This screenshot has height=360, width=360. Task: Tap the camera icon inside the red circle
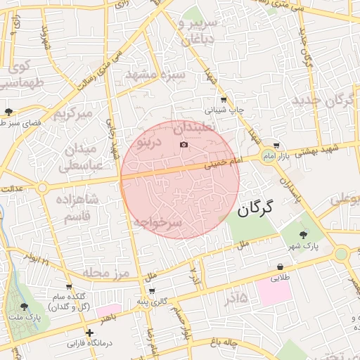point(184,145)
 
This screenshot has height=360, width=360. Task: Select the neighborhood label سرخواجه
point(157,223)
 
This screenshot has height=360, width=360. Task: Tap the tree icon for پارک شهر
point(303,235)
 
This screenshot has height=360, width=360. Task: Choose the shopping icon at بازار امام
point(276,146)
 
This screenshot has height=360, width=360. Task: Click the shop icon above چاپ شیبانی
point(224,99)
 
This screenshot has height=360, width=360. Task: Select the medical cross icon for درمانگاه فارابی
point(89,333)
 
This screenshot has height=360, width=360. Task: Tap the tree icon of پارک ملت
point(25,307)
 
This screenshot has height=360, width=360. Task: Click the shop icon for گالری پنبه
point(151,290)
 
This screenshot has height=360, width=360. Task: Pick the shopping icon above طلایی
point(281,266)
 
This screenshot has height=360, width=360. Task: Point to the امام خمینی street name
point(223,164)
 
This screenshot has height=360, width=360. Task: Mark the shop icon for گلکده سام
point(69,287)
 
